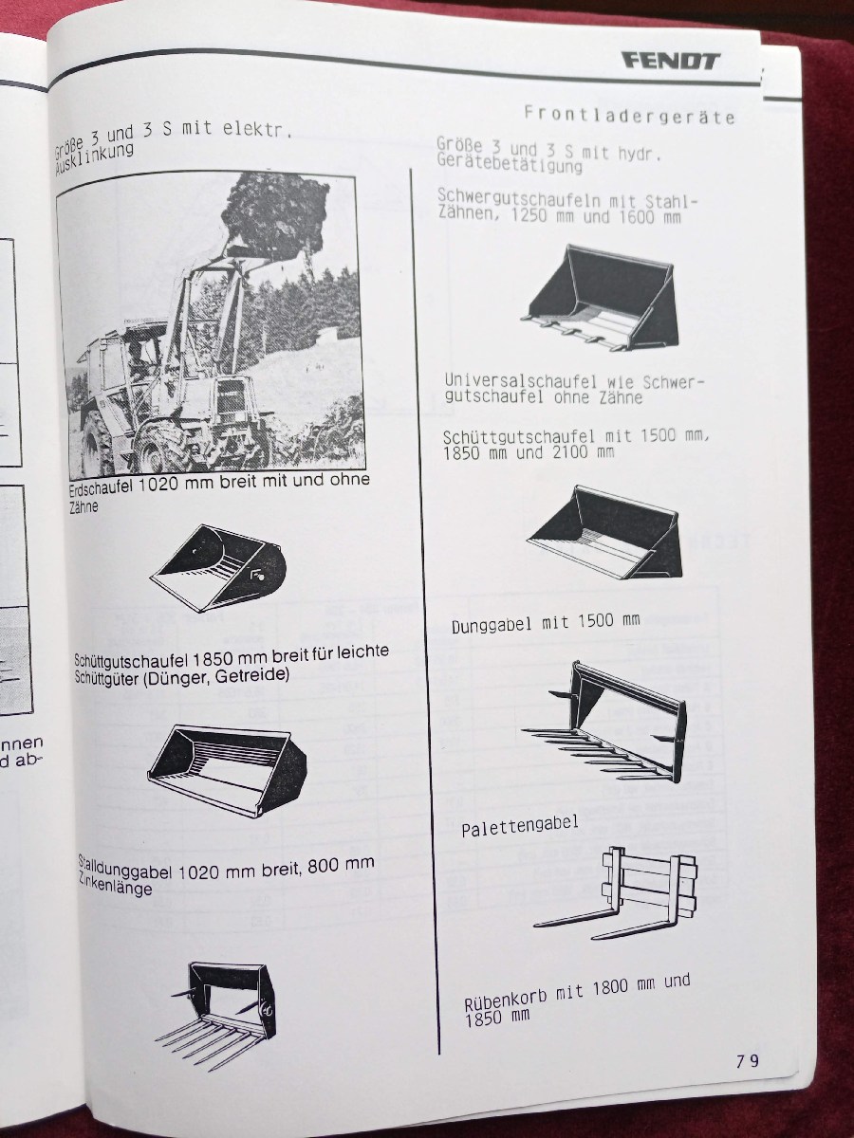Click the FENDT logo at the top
point(672,62)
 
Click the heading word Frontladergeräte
point(629,115)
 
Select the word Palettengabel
point(520,825)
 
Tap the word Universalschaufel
point(521,382)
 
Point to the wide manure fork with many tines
point(604,722)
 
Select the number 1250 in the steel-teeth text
point(529,214)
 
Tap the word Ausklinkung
point(94,157)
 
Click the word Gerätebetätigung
point(510,165)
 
